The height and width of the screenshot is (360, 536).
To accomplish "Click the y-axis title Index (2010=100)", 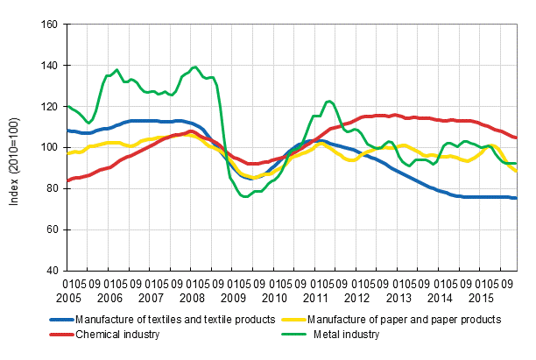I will (x=15, y=147).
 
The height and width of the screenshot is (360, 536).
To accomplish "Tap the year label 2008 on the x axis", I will (x=198, y=298).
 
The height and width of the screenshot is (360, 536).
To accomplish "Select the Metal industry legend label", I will (x=348, y=334).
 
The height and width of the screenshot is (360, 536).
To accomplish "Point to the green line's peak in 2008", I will (x=194, y=67).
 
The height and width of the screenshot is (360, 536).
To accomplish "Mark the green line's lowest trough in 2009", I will (x=246, y=196).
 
